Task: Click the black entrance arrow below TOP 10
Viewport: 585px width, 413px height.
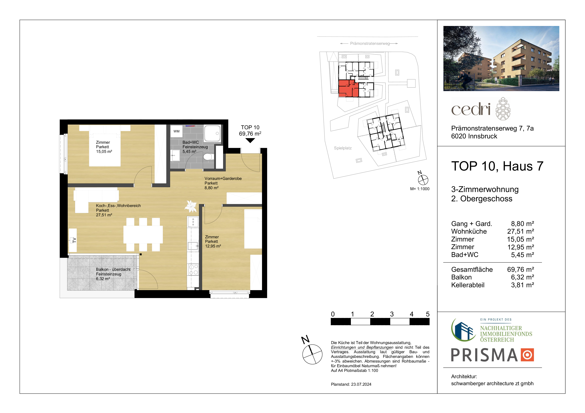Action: [250, 140]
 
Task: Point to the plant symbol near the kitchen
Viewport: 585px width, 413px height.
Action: [191, 206]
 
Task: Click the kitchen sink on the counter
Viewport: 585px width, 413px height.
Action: [193, 246]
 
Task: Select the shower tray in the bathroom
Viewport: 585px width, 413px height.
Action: [212, 133]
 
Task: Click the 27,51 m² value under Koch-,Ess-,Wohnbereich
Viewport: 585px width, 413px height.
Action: [104, 215]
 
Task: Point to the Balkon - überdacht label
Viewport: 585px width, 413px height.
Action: [113, 269]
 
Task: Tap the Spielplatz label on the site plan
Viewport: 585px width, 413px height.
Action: [343, 148]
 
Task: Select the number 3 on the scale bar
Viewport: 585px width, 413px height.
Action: [392, 314]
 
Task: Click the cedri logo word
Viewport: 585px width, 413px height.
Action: [471, 109]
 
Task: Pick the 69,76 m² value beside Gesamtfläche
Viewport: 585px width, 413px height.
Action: [520, 269]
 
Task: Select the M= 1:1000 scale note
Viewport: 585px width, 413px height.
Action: [420, 189]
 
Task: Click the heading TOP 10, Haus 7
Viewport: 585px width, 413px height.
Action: [497, 166]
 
